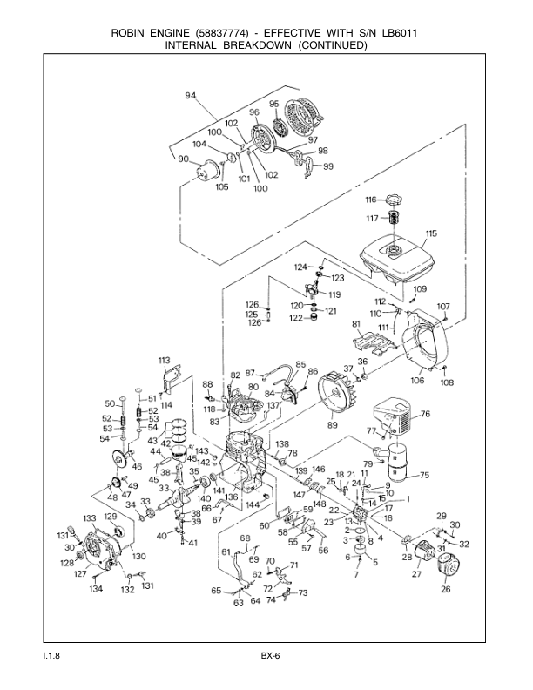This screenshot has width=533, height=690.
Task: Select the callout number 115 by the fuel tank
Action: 430,233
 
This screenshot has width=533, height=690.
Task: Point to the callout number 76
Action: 426,414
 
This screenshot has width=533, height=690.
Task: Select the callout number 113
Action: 164,360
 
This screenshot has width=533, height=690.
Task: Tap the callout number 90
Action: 183,159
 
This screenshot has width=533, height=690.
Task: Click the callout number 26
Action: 446,589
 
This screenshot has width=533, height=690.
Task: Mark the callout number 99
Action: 327,166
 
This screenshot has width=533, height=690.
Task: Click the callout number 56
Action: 322,550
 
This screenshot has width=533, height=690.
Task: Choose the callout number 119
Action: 334,294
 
